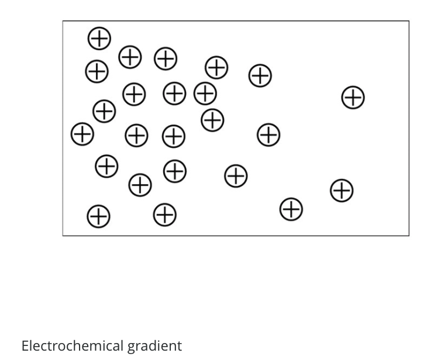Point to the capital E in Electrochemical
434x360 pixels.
pyautogui.click(x=25, y=345)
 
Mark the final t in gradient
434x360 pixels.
pyautogui.click(x=179, y=345)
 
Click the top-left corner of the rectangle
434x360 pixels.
pyautogui.click(x=63, y=22)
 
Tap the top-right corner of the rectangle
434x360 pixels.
pyautogui.click(x=409, y=22)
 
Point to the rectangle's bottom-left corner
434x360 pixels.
pyautogui.click(x=63, y=236)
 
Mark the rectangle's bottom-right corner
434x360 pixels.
pyautogui.click(x=409, y=236)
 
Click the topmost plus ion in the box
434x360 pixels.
pyautogui.click(x=99, y=38)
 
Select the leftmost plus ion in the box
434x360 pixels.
pyautogui.click(x=82, y=134)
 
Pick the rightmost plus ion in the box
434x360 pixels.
pyautogui.click(x=353, y=98)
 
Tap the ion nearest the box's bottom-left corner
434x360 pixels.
pyautogui.click(x=98, y=216)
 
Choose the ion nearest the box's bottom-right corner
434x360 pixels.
pyautogui.click(x=342, y=190)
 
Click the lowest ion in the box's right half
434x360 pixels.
pyautogui.click(x=291, y=209)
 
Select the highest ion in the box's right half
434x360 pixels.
pyautogui.click(x=260, y=75)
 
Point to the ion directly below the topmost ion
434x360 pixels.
pyautogui.click(x=97, y=72)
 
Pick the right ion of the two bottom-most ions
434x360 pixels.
pyautogui.click(x=165, y=214)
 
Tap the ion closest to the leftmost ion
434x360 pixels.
pyautogui.click(x=104, y=110)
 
